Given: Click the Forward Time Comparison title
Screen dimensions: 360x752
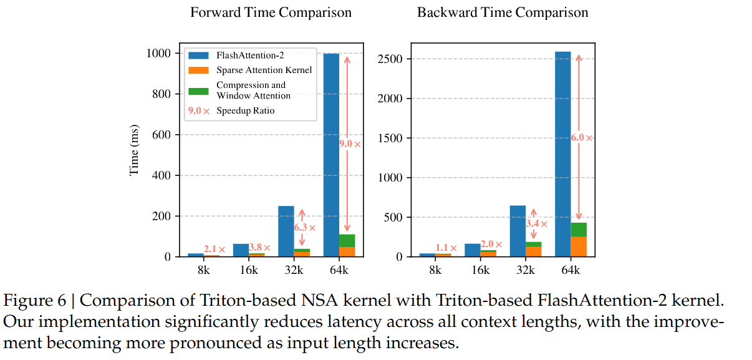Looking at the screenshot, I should [271, 12].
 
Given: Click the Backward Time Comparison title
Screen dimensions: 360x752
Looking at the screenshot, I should [502, 12].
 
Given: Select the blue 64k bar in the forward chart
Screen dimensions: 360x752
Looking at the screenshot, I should [331, 150].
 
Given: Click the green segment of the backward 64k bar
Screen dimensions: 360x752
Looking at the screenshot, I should [578, 230].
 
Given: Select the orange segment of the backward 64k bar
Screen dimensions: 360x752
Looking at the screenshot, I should [578, 246].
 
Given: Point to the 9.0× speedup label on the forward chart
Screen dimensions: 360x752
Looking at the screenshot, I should [349, 144].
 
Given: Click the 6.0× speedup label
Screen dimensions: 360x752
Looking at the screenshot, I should [581, 138].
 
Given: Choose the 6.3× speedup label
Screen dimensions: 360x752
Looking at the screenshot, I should [304, 228].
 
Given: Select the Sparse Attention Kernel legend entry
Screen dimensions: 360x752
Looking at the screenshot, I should [264, 70].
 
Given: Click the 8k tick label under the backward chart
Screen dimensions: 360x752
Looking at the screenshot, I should [435, 270].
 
